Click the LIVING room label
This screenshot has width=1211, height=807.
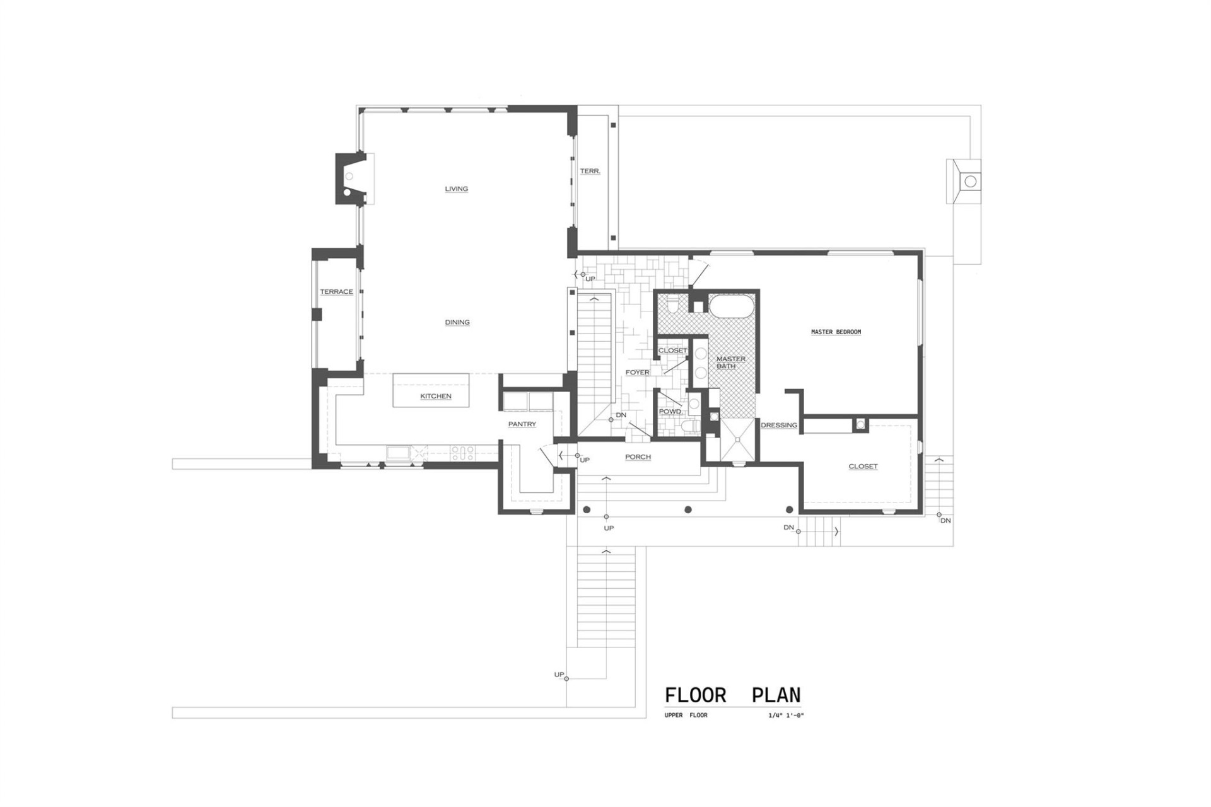point(456,189)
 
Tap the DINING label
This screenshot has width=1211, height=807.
point(457,322)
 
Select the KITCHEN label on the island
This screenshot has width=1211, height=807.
point(436,396)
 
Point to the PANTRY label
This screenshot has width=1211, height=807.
point(522,424)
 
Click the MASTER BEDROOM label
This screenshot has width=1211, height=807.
point(836,332)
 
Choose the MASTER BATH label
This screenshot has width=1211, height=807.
point(730,363)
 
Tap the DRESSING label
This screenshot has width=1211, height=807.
point(779,425)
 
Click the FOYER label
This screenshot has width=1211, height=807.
point(637,372)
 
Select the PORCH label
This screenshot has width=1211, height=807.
point(638,457)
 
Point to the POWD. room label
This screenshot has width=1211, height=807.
point(670,412)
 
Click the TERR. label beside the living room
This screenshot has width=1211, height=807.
point(590,171)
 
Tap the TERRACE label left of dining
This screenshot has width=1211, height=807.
point(336,292)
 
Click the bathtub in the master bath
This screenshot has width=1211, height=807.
point(732,306)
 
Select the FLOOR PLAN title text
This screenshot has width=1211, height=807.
point(732,695)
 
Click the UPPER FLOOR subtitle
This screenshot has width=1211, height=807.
point(686,716)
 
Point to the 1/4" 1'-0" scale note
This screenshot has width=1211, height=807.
point(786,716)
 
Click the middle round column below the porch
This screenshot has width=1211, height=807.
point(688,509)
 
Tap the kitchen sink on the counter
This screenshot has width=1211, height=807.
point(398,452)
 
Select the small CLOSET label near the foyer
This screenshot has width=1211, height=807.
point(672,351)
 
